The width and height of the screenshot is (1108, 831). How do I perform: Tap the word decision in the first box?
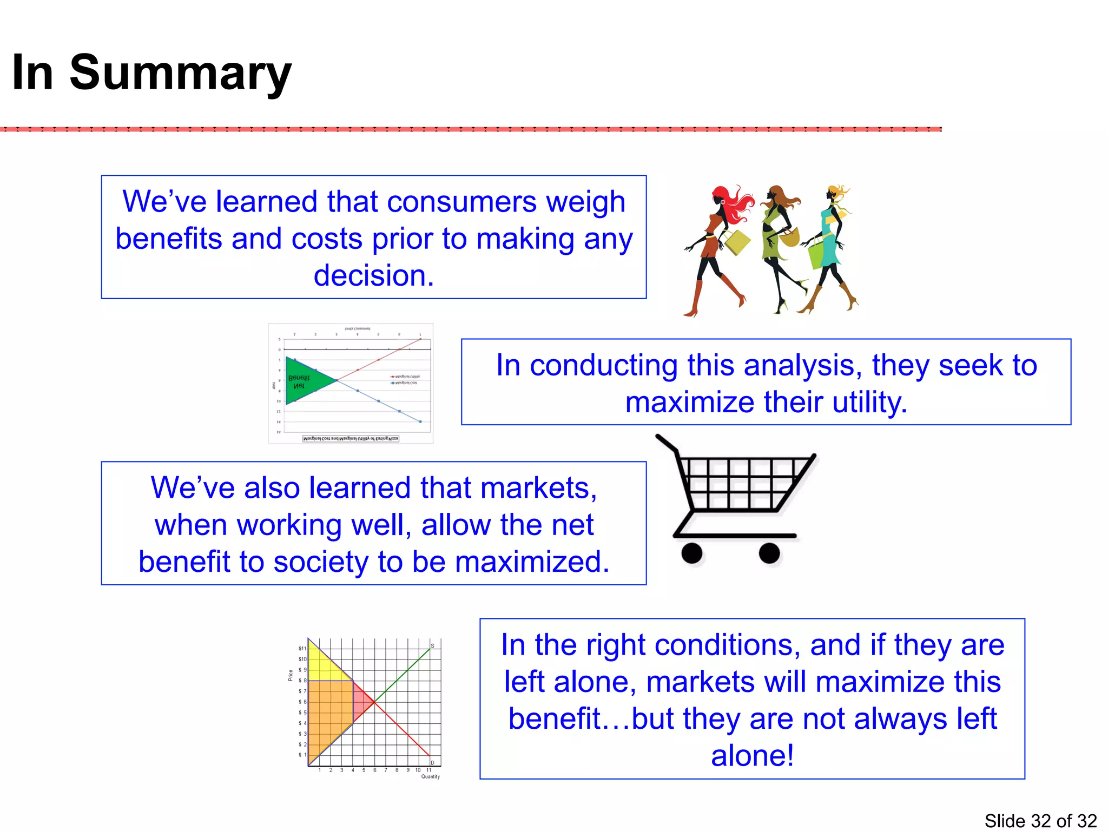[373, 275]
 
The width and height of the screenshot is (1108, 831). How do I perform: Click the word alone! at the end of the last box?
[752, 756]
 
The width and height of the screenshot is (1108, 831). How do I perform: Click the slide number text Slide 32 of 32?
[1040, 820]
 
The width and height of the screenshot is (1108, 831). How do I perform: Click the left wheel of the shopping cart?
[692, 553]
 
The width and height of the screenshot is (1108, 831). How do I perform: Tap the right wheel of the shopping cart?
[769, 553]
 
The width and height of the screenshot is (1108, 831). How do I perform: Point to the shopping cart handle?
[666, 443]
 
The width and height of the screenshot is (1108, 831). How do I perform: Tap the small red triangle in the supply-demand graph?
[361, 702]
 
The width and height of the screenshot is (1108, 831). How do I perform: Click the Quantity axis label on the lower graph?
[431, 776]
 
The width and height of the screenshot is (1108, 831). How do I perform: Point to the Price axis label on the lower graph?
[291, 675]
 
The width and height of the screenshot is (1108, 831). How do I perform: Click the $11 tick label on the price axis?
[302, 648]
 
